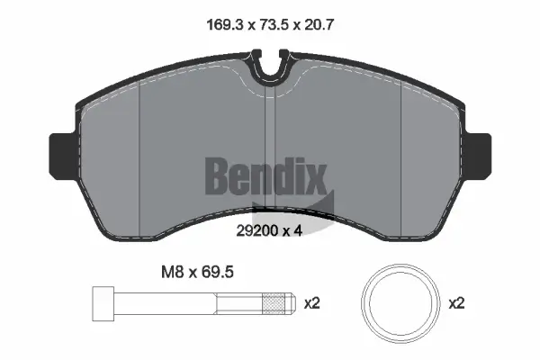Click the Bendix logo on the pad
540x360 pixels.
tap(266, 175)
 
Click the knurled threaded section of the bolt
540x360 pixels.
tap(272, 304)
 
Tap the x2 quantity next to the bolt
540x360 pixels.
tap(311, 304)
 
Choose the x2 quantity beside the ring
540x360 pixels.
tap(457, 304)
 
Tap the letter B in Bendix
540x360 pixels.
tap(219, 175)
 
